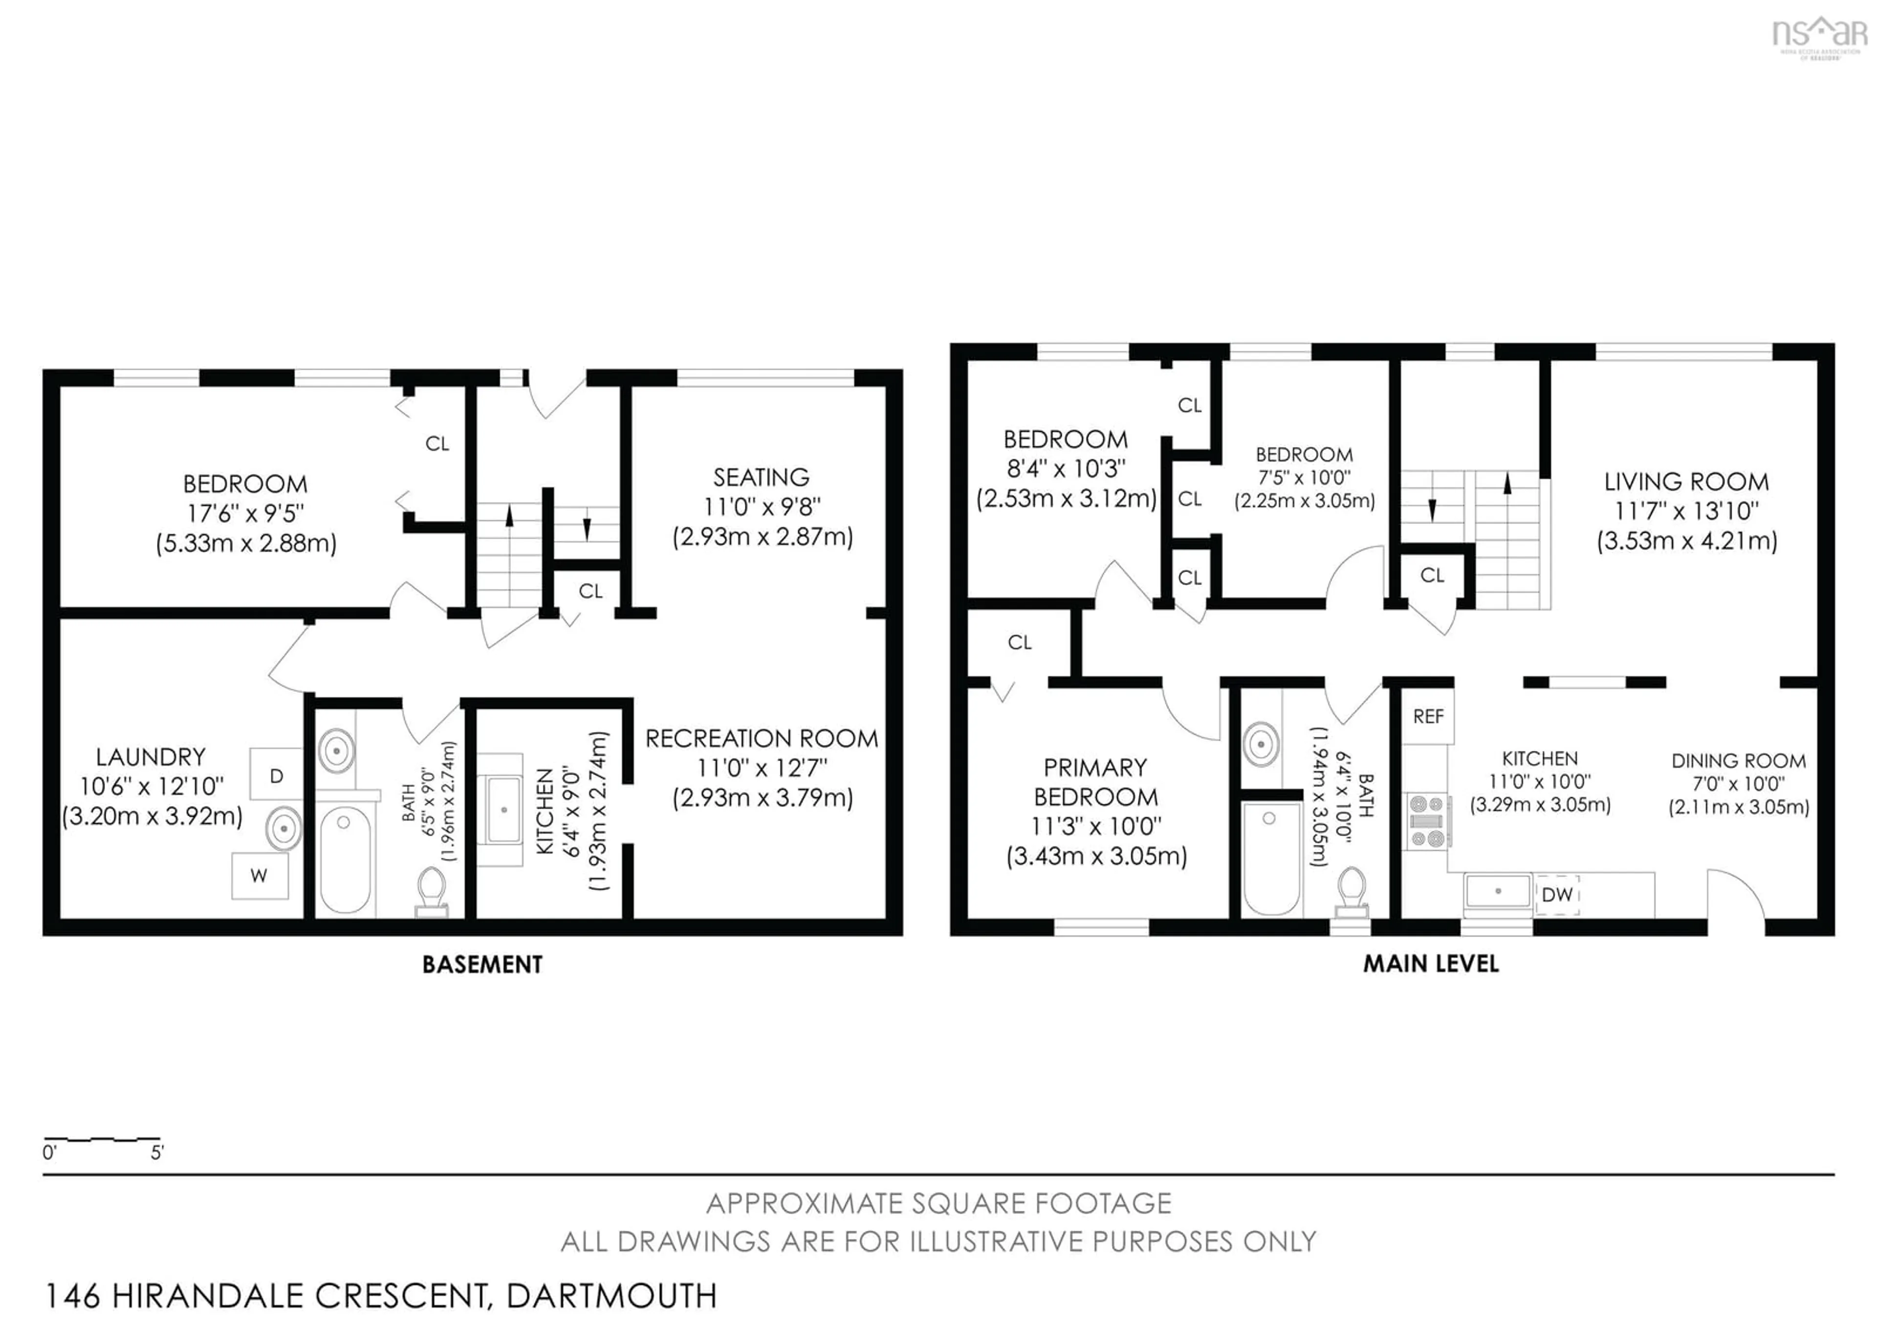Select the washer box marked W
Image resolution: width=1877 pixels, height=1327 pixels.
click(x=259, y=876)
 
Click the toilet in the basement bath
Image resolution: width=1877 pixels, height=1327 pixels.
click(x=432, y=892)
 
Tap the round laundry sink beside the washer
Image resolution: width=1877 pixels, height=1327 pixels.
click(x=284, y=828)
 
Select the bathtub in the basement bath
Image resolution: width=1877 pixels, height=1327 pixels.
click(x=345, y=859)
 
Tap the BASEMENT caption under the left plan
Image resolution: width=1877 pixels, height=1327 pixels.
click(x=482, y=965)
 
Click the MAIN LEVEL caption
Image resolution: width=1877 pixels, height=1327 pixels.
click(x=1431, y=964)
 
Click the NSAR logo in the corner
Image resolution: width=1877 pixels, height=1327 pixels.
click(x=1820, y=34)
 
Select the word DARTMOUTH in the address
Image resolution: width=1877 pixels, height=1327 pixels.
click(x=611, y=1296)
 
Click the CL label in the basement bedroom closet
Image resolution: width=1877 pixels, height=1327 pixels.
click(x=437, y=444)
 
